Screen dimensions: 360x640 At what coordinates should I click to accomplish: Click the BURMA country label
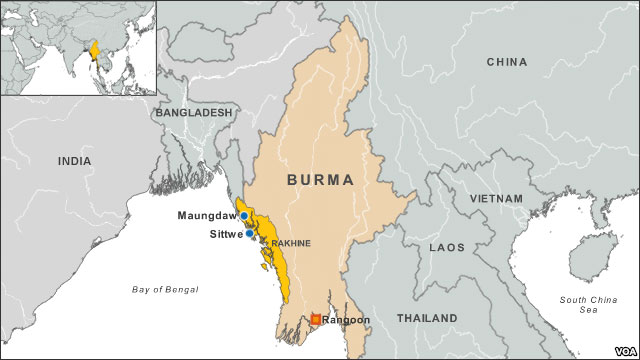pyautogui.click(x=320, y=180)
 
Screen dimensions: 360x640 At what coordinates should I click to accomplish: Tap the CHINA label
pyautogui.click(x=506, y=62)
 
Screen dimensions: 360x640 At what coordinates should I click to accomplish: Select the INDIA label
pyautogui.click(x=74, y=161)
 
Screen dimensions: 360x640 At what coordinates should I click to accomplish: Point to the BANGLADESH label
pyautogui.click(x=193, y=113)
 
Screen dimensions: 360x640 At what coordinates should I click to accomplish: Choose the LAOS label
pyautogui.click(x=446, y=246)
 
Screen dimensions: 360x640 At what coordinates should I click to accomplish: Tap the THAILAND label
pyautogui.click(x=427, y=318)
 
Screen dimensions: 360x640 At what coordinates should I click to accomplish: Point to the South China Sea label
pyautogui.click(x=587, y=306)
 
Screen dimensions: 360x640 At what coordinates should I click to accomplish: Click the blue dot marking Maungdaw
pyautogui.click(x=244, y=215)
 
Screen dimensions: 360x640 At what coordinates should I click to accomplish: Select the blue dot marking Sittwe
pyautogui.click(x=249, y=234)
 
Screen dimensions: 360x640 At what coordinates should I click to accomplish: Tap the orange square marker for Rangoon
pyautogui.click(x=315, y=320)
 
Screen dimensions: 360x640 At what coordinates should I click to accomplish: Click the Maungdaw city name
pyautogui.click(x=207, y=215)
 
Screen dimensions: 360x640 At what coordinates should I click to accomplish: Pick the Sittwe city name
pyautogui.click(x=225, y=234)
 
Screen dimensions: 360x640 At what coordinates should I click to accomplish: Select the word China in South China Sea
pyautogui.click(x=599, y=300)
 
